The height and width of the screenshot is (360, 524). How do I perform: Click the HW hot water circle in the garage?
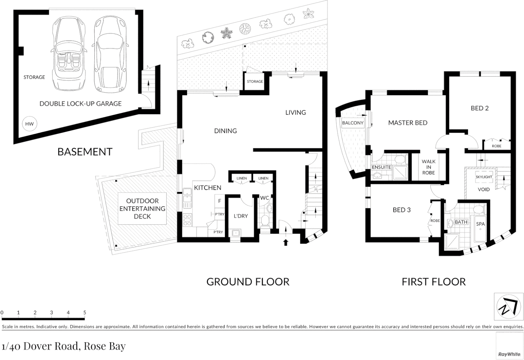tap(29, 124)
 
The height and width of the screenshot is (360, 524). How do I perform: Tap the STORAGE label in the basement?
tap(34, 77)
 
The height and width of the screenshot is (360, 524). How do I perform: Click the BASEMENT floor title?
tap(85, 152)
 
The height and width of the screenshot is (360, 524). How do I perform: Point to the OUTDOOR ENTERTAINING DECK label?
tap(142, 209)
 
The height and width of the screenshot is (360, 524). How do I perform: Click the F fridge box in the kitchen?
tap(220, 201)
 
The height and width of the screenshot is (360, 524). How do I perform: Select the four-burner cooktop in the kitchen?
tap(187, 220)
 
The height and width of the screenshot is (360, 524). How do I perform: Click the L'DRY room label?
tap(241, 216)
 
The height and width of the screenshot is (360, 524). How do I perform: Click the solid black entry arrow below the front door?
tap(285, 242)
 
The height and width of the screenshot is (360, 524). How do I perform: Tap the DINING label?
tap(226, 131)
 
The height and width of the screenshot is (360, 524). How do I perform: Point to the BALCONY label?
tap(353, 123)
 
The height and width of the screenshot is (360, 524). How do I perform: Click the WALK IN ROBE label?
tap(429, 167)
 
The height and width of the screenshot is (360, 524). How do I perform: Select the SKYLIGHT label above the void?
tap(484, 177)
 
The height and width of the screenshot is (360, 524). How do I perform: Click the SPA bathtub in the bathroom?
tap(480, 229)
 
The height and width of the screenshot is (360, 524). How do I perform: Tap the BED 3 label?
tap(402, 210)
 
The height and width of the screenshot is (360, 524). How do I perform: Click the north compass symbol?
tap(508, 307)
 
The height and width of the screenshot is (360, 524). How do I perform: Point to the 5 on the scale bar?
tap(85, 313)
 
